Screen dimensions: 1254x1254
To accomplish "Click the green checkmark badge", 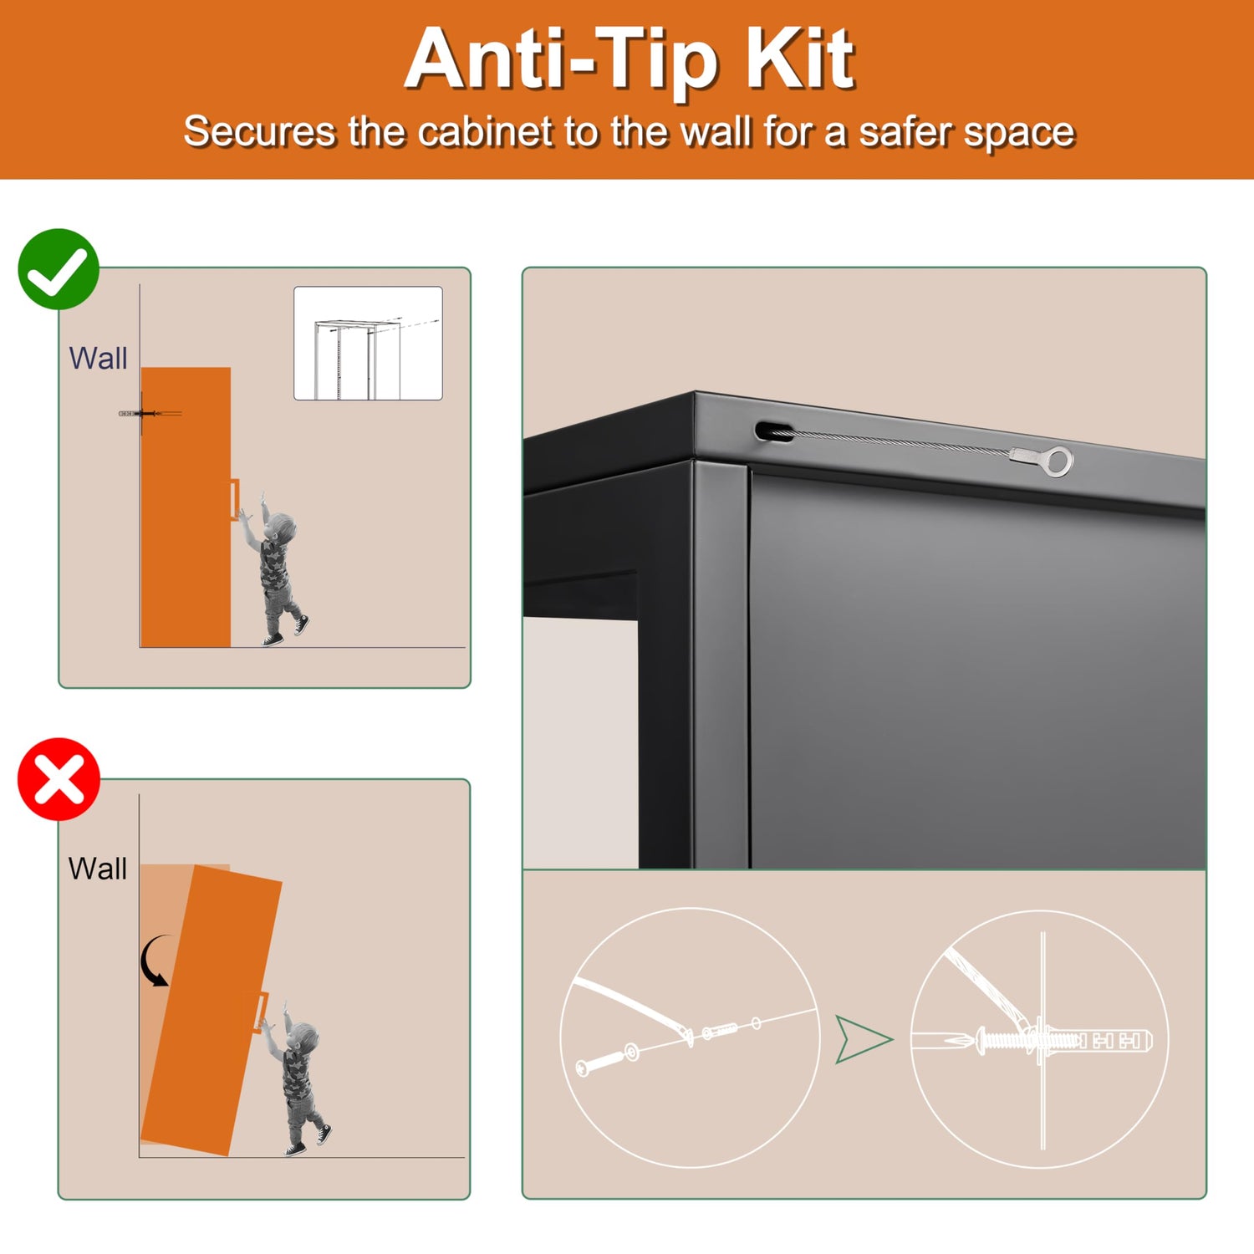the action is tap(59, 269).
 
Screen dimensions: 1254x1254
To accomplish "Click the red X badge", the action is tap(59, 779).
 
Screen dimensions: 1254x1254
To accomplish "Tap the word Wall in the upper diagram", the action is tap(98, 359).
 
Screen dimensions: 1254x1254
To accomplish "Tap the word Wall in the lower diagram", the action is tap(98, 869).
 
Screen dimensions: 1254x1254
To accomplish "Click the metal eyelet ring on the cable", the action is tap(1059, 461).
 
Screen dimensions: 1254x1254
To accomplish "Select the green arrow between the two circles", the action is tap(863, 1039).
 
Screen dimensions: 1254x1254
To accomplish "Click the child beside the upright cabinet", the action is tap(273, 568).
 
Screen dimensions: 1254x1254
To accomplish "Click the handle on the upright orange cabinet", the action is tap(234, 500).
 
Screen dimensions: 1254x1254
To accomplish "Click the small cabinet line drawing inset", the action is tap(368, 344).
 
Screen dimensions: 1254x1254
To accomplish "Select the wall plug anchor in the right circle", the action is tap(1095, 1041).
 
